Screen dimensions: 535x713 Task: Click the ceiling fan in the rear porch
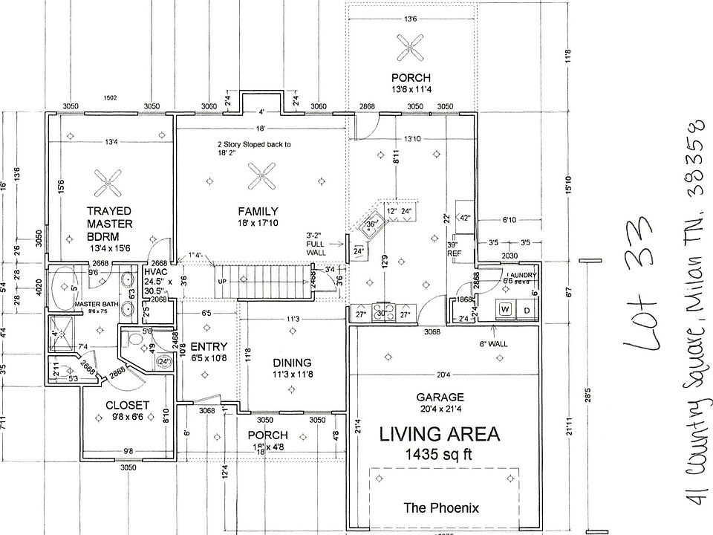pos(411,50)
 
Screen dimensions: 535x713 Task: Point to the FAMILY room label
pos(258,210)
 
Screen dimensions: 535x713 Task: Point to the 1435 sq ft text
pos(439,453)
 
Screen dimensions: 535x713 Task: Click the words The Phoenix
pos(441,508)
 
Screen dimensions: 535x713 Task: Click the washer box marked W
pos(504,308)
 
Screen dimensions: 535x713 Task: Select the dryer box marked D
pos(527,308)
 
